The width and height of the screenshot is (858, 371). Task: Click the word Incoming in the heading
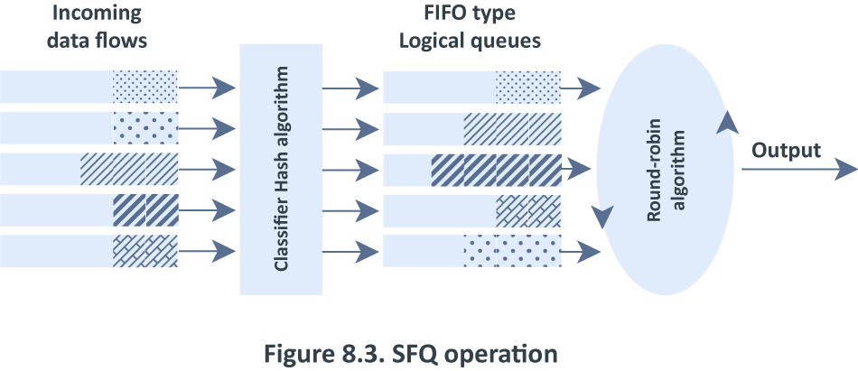click(x=97, y=14)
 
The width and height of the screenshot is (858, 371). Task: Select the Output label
click(x=787, y=150)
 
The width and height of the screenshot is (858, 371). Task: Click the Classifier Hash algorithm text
click(x=281, y=169)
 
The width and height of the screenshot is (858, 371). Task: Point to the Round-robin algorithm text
click(x=666, y=169)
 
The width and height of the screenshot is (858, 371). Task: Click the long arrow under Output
click(x=799, y=169)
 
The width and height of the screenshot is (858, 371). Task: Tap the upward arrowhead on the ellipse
click(x=727, y=121)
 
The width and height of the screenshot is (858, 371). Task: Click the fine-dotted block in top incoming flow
click(x=145, y=87)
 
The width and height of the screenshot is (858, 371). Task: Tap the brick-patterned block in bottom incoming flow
click(x=145, y=251)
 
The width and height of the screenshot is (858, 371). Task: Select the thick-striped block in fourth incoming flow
click(x=145, y=210)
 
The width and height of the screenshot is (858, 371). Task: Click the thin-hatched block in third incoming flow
click(x=129, y=169)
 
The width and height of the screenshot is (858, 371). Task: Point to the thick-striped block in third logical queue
click(x=497, y=171)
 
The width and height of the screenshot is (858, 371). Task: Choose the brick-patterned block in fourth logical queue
click(x=528, y=211)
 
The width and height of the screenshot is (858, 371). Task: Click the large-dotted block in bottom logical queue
click(x=513, y=251)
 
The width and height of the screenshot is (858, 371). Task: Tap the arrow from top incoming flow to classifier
click(x=208, y=87)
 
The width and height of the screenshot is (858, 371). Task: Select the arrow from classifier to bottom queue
click(x=350, y=252)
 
